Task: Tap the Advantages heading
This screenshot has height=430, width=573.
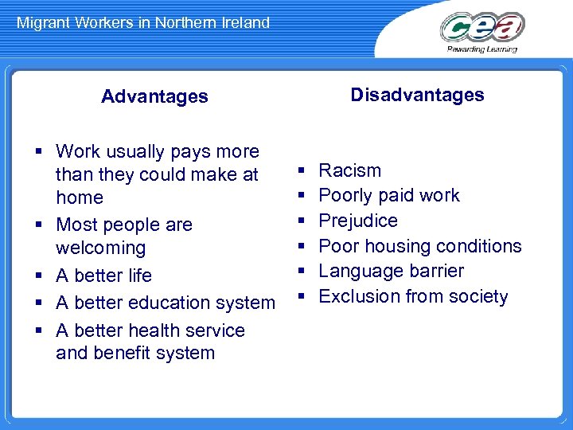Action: (154, 96)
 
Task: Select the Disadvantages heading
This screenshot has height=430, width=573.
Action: (417, 95)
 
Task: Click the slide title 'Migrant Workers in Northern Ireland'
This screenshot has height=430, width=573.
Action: (143, 22)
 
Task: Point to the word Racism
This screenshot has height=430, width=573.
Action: (349, 170)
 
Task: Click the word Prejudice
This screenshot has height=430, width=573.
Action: (358, 221)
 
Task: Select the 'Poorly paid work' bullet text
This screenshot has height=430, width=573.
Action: (388, 195)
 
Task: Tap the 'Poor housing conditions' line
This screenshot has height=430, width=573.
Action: (419, 246)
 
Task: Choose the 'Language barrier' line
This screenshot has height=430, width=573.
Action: (391, 271)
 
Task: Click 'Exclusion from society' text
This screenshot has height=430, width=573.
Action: (413, 296)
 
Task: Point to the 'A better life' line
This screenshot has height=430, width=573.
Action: (103, 276)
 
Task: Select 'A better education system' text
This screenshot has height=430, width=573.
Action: (166, 303)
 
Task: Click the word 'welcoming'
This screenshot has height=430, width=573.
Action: (101, 248)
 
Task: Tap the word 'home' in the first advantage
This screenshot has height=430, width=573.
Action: (80, 197)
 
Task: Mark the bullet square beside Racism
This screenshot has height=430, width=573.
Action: (302, 170)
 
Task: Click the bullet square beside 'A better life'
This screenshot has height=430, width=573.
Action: (39, 276)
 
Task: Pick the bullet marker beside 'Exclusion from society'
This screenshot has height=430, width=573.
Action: (302, 297)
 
